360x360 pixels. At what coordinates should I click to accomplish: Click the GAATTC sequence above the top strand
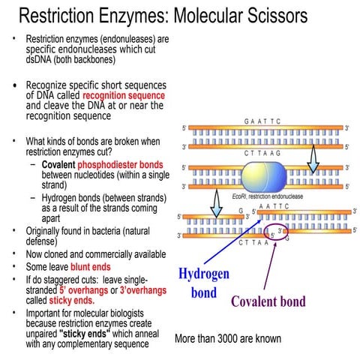(262, 120)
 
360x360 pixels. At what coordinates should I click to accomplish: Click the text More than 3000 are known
(228, 339)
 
